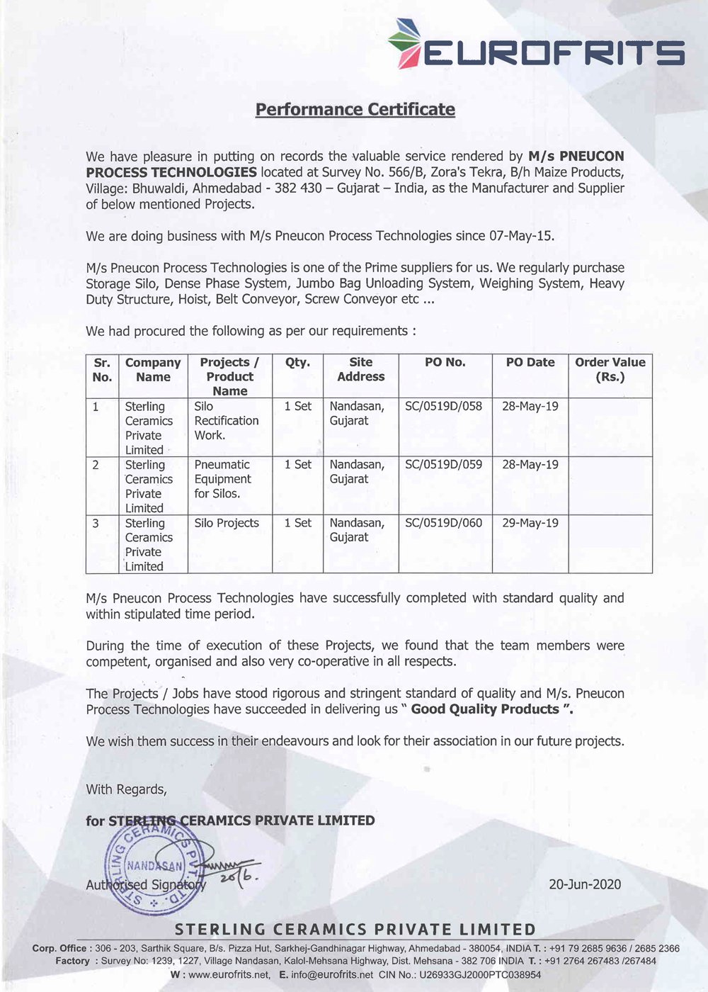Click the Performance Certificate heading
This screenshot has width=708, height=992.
point(355,110)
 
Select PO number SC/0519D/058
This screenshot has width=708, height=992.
point(443,407)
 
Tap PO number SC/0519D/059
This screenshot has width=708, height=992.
point(443,465)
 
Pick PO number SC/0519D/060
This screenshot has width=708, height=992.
point(443,523)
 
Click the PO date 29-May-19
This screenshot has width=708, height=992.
point(530,523)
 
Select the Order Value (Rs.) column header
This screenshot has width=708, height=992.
point(610,369)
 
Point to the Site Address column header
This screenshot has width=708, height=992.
point(360,369)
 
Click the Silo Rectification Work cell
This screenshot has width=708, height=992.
point(227,421)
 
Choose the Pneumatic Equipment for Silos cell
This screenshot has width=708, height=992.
point(222,479)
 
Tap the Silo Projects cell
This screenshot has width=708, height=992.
point(227,523)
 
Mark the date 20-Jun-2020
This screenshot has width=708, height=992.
point(585,884)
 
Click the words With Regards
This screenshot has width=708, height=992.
point(126,789)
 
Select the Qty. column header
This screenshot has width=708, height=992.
point(297,362)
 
